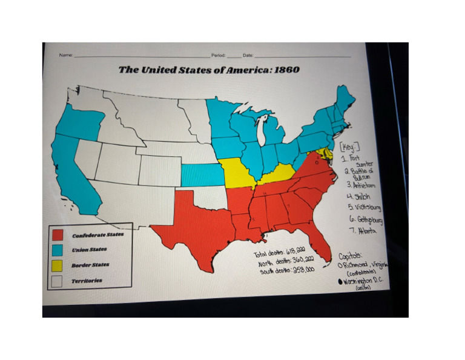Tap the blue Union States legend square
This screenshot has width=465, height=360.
click(x=58, y=249)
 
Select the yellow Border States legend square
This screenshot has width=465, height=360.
click(x=58, y=265)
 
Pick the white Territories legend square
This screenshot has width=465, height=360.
click(x=58, y=281)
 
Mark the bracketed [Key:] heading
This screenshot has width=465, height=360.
click(x=350, y=147)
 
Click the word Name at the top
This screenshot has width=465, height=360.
click(x=65, y=55)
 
